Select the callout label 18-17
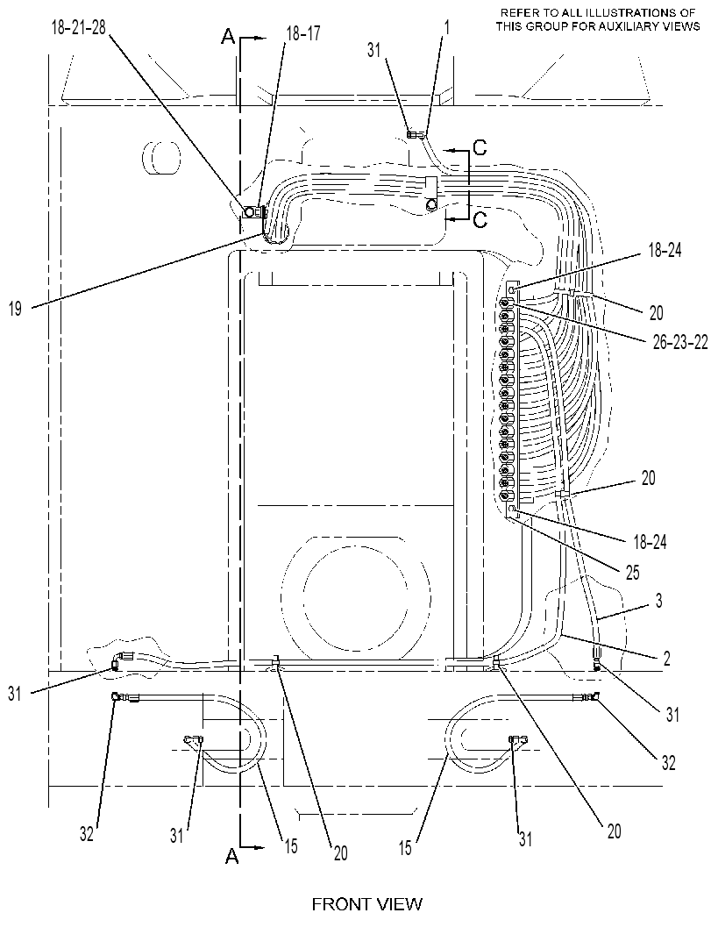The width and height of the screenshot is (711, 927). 302,34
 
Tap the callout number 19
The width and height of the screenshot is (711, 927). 16,309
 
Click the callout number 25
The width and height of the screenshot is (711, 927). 632,573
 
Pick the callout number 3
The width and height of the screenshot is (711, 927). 658,602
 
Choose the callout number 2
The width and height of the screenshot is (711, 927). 666,659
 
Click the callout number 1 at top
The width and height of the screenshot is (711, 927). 446,28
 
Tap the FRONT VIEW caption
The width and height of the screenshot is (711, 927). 367,904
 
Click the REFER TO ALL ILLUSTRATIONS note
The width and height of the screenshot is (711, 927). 598,19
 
